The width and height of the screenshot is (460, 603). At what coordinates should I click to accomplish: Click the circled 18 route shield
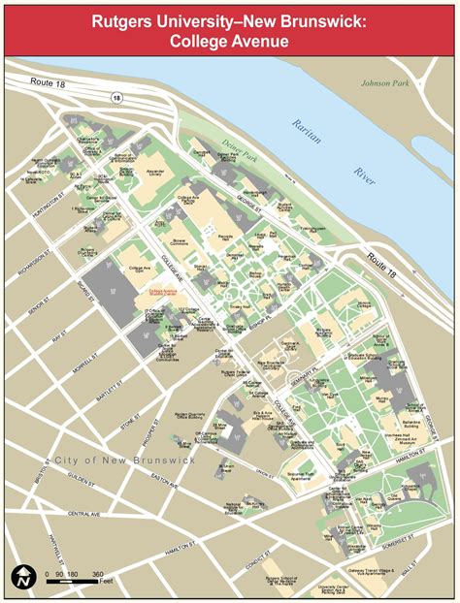(116, 97)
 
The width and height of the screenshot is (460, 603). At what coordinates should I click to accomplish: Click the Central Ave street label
(83, 506)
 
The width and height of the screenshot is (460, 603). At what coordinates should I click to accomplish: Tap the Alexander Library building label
(155, 174)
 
